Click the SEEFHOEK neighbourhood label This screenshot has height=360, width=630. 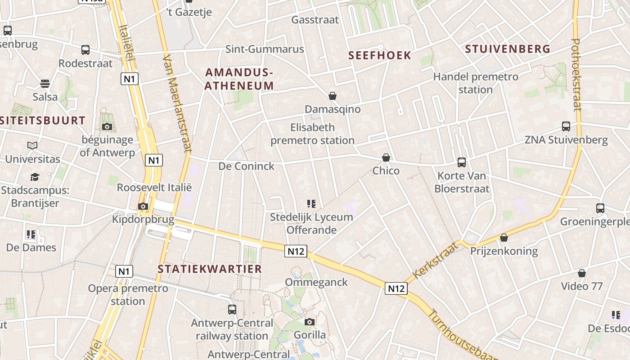(x=380, y=55)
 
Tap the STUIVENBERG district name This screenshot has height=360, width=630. (x=508, y=49)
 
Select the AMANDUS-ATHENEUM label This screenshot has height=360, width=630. (x=239, y=79)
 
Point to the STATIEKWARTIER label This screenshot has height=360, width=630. (x=210, y=269)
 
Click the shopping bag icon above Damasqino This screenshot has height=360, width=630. (x=333, y=96)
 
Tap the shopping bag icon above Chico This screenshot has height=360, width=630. (x=386, y=157)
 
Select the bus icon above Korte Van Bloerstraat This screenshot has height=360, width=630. (x=461, y=162)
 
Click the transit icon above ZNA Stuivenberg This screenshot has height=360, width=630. (x=566, y=126)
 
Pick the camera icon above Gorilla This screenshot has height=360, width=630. (x=310, y=322)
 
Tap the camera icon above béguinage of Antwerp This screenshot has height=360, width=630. (x=107, y=126)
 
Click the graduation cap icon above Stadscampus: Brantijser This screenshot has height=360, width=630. (x=35, y=177)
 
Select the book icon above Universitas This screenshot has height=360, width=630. (x=32, y=146)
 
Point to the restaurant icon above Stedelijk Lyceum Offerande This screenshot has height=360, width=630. (x=311, y=204)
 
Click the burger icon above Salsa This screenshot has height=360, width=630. (x=45, y=84)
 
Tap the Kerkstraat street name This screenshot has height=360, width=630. (x=436, y=260)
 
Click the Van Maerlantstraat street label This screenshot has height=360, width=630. (x=177, y=103)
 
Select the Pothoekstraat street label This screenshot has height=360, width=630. (x=577, y=74)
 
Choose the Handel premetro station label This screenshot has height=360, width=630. (x=476, y=83)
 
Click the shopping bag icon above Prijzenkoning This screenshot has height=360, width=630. (x=504, y=238)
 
